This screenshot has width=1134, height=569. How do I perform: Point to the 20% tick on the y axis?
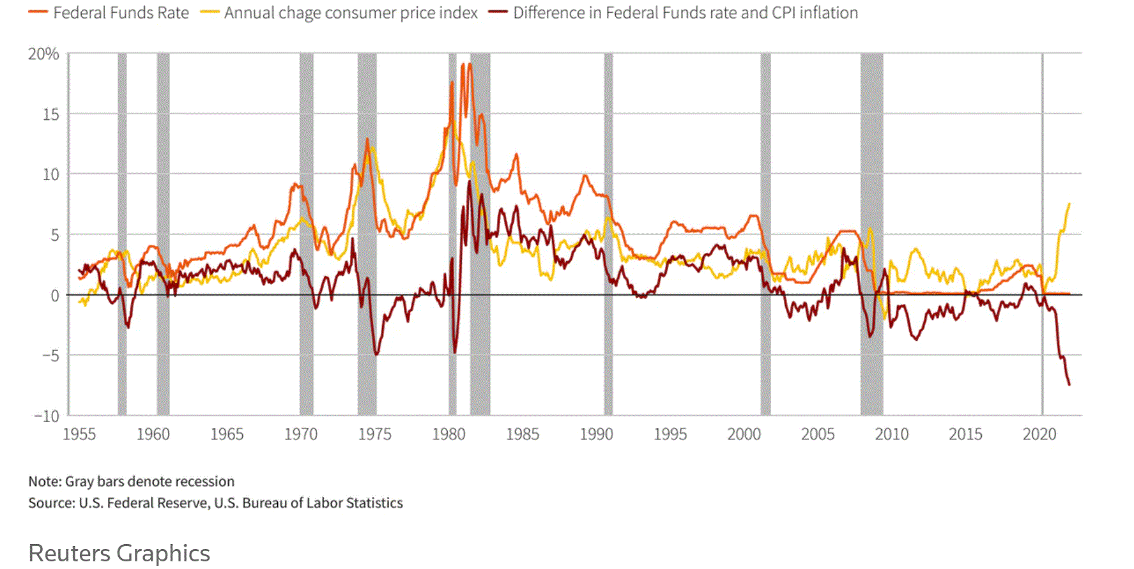point(43,54)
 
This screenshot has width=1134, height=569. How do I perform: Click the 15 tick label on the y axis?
point(51,115)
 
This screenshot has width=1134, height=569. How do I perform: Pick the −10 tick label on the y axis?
point(47,416)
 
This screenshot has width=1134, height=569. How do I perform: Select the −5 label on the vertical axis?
point(50,356)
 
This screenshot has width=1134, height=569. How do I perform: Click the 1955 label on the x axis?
point(79,434)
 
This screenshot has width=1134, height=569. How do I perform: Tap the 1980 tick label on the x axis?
point(448,434)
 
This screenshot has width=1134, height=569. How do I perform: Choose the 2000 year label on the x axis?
point(744,434)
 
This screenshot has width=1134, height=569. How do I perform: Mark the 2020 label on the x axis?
point(1039,434)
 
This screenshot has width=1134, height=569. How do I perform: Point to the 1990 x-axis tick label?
point(596,434)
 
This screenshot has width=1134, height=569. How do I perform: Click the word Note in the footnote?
point(44,482)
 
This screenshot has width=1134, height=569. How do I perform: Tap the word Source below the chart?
point(51,503)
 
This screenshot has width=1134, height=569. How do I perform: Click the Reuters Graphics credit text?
point(119,553)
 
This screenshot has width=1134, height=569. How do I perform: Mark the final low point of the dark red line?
point(1069,384)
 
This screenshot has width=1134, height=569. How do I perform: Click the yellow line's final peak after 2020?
point(1069,204)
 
